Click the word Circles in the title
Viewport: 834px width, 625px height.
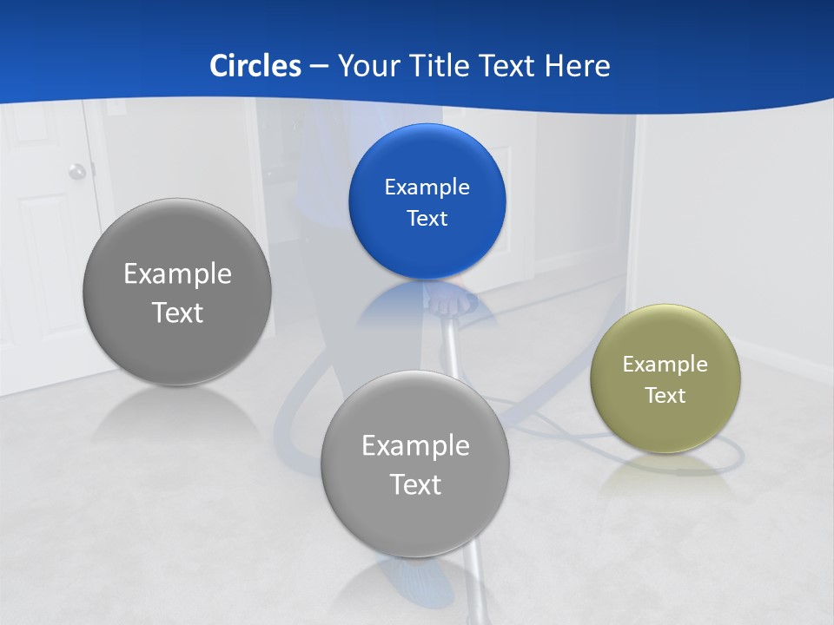coord(255,66)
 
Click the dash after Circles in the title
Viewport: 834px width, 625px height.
coord(319,67)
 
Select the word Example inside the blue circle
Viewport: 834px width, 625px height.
coord(427,187)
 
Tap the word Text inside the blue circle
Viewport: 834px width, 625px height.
coord(427,219)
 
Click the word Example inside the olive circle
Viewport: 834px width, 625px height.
coord(665,365)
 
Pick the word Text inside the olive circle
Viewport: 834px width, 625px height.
coord(665,396)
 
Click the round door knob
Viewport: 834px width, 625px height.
coord(77,171)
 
